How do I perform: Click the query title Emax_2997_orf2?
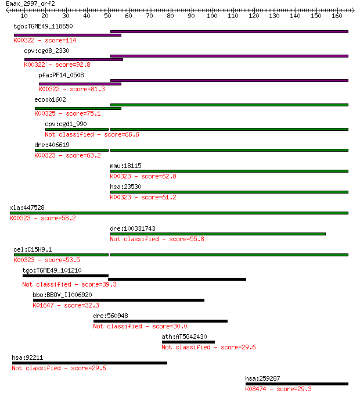coord(30,4)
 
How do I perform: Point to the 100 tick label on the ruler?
coord(212,16)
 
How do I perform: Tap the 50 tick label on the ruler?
coord(107,16)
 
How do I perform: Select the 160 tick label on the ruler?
coord(337,16)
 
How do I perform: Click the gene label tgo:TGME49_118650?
coord(44,26)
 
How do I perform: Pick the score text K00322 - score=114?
coord(45,40)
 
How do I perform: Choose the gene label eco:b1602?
coord(50,99)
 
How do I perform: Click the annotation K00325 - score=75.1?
coord(67,113)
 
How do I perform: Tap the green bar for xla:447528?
coord(179,213)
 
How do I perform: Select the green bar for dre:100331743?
coord(218,234)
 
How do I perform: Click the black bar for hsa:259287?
coord(297,384)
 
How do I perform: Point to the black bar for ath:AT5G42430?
coord(189,342)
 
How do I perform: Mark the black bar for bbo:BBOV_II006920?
coord(118,301)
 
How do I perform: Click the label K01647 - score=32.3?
coord(66,305)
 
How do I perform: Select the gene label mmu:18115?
coord(126,166)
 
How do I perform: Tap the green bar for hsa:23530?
coord(229,192)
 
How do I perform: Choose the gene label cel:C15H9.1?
coord(33,249)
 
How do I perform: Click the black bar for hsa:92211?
coord(89,363)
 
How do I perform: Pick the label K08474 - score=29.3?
coord(278,389)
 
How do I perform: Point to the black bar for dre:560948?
coord(160,321)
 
